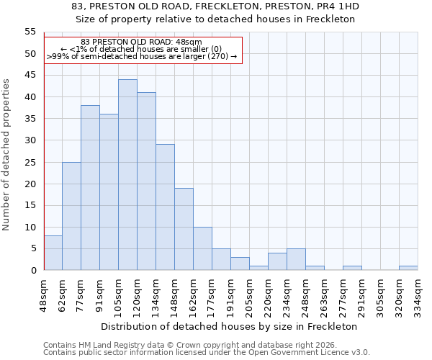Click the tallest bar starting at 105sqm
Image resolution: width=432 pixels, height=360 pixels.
pyautogui.click(x=127, y=175)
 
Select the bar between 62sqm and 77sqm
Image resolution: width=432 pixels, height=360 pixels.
pyautogui.click(x=71, y=216)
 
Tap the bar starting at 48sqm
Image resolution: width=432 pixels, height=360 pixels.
pyautogui.click(x=53, y=253)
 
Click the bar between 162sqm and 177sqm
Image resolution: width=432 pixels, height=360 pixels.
pyautogui.click(x=202, y=248)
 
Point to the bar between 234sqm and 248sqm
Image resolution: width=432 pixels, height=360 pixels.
pyautogui.click(x=296, y=259)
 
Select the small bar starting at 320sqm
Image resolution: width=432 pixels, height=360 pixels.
pyautogui.click(x=408, y=268)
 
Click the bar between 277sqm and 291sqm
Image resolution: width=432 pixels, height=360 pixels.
pyautogui.click(x=352, y=268)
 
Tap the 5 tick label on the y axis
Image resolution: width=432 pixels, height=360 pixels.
pyautogui.click(x=33, y=248)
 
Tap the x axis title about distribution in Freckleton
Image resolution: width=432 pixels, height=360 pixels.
pyautogui.click(x=229, y=326)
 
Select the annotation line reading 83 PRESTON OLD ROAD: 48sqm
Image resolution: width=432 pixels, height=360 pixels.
pyautogui.click(x=141, y=42)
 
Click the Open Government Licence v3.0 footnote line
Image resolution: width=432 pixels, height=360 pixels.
pyautogui.click(x=207, y=352)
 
